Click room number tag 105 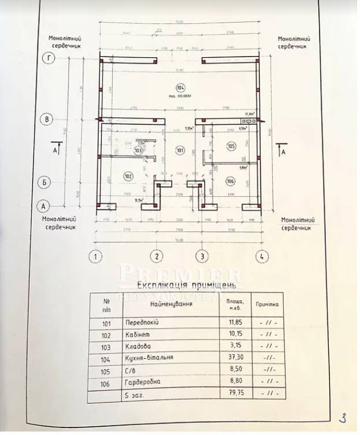click(232, 146)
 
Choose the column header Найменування click(170, 304)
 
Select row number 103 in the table click(105, 346)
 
